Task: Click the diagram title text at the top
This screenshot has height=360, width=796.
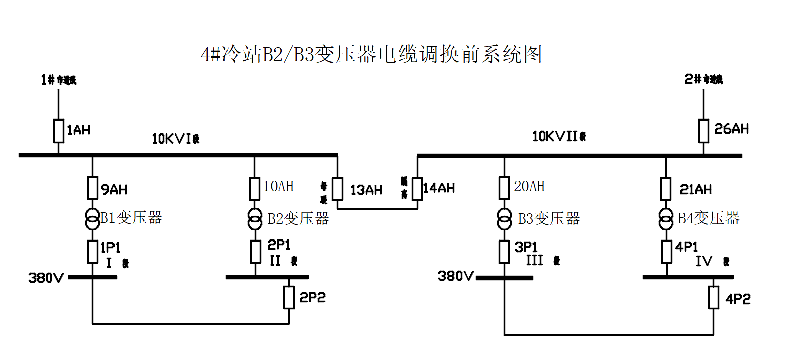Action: click(x=371, y=54)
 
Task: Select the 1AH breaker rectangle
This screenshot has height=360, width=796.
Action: click(x=59, y=131)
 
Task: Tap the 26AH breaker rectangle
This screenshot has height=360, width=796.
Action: click(x=704, y=131)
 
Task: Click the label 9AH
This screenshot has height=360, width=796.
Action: click(x=115, y=190)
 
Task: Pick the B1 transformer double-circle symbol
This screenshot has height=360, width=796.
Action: click(x=92, y=218)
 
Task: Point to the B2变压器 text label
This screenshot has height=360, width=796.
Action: click(x=298, y=219)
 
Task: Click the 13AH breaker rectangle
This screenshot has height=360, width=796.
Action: click(x=337, y=189)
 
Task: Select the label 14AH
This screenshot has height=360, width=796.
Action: click(x=439, y=188)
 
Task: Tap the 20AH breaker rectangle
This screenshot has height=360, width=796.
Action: click(x=504, y=188)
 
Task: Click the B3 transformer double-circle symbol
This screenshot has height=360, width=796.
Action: click(x=504, y=219)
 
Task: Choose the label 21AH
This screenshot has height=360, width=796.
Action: click(x=696, y=190)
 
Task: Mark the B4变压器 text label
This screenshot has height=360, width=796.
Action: click(x=709, y=218)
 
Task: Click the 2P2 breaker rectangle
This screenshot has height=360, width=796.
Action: click(x=289, y=297)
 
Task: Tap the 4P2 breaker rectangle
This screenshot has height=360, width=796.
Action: click(x=714, y=298)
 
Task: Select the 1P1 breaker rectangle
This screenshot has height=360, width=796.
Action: click(x=92, y=252)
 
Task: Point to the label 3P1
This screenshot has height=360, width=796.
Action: click(x=526, y=247)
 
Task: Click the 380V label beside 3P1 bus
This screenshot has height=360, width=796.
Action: click(x=456, y=276)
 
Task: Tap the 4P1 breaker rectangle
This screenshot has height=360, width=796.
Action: click(x=666, y=252)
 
